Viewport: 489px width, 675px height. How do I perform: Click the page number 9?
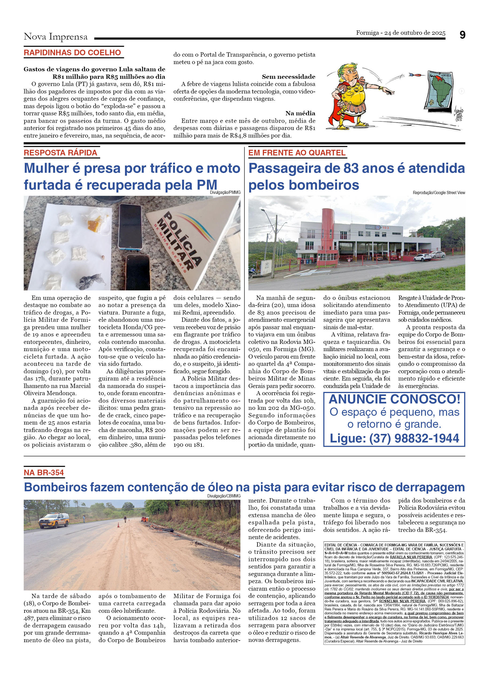[x=462, y=35]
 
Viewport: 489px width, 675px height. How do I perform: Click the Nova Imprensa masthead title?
[x=56, y=37]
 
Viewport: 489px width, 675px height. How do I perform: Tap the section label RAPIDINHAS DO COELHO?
[x=72, y=53]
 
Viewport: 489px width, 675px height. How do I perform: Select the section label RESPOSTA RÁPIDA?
[x=60, y=153]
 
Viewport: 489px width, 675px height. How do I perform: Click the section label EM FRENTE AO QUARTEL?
[x=297, y=153]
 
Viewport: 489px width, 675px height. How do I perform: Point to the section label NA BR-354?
[x=44, y=472]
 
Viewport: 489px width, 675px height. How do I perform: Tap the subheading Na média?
[x=300, y=113]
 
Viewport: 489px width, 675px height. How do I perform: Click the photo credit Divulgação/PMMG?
[x=225, y=193]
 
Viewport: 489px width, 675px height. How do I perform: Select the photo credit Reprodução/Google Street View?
[x=439, y=193]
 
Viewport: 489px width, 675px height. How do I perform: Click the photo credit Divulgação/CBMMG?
[x=224, y=496]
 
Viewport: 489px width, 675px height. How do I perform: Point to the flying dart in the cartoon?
[x=416, y=75]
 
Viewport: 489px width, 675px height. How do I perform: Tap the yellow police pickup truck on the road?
[x=54, y=520]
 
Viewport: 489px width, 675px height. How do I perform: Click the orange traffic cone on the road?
[x=119, y=525]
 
